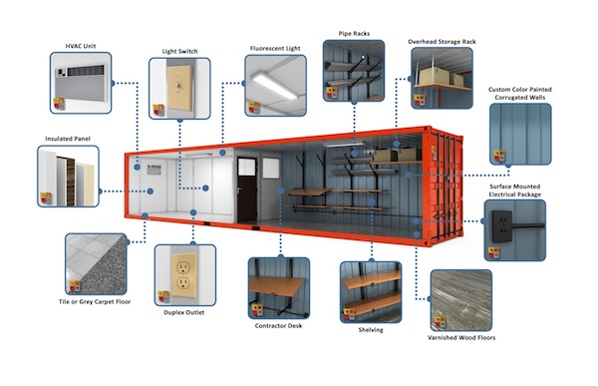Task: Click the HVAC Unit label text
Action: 80,46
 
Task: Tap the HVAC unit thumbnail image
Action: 82,84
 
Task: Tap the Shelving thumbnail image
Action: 370,292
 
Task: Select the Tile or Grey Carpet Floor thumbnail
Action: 95,263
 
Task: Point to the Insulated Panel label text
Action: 69,139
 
